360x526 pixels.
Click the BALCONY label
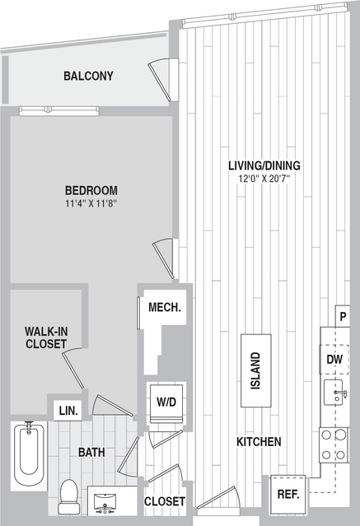click(88, 76)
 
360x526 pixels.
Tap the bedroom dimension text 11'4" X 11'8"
click(91, 203)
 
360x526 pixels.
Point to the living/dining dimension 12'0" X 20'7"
click(264, 178)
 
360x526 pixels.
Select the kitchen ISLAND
click(256, 370)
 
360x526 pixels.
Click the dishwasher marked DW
click(334, 359)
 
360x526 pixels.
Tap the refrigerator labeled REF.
click(288, 494)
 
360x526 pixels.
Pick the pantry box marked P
click(343, 316)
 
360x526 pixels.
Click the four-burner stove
click(334, 445)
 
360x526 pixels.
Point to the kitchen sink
click(334, 392)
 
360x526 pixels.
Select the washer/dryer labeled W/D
click(166, 404)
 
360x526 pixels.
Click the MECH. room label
click(165, 307)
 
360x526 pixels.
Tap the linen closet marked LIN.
click(68, 411)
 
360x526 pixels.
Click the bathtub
click(29, 455)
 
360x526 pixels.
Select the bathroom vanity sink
click(105, 503)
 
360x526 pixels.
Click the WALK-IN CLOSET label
click(46, 337)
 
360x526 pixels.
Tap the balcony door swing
click(161, 80)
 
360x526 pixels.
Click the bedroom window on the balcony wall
click(59, 110)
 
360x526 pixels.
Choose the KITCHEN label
click(259, 442)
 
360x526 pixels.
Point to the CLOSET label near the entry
click(165, 501)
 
